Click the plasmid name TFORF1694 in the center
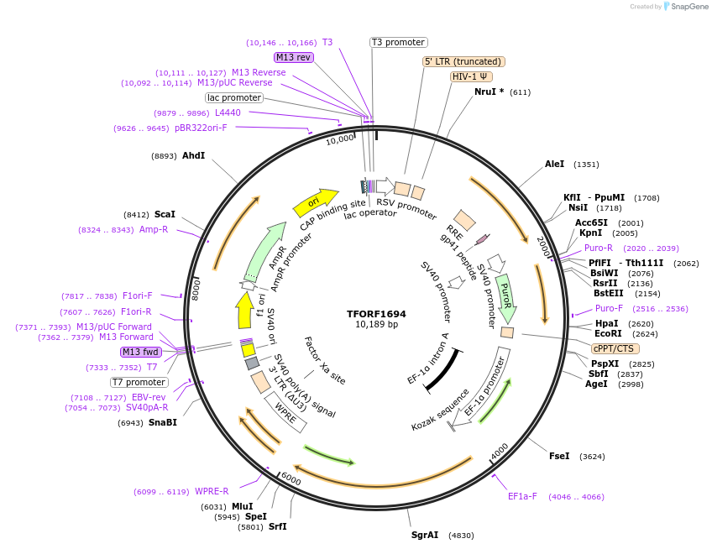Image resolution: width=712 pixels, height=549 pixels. (x=376, y=313)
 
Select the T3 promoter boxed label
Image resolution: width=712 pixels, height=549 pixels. (x=399, y=42)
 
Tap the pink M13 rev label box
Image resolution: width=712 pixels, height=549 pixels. (x=293, y=57)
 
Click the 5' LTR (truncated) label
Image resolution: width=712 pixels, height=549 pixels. (x=463, y=61)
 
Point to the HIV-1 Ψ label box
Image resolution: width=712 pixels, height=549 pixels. (x=471, y=76)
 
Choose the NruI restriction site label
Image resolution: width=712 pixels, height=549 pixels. (x=489, y=91)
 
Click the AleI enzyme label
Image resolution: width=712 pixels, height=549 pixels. (x=555, y=164)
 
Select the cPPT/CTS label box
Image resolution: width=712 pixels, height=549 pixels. (x=615, y=348)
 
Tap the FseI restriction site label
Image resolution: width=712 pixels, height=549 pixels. (x=559, y=456)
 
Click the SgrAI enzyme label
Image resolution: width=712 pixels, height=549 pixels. (x=425, y=535)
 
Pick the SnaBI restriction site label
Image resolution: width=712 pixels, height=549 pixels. (x=163, y=422)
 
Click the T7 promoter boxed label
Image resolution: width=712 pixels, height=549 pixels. (x=139, y=382)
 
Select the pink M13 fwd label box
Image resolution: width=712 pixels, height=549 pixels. (x=141, y=352)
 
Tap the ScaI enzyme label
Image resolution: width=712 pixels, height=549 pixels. (x=165, y=214)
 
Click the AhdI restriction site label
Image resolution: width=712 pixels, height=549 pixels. (x=193, y=155)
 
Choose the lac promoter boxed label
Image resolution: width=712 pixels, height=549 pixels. (x=234, y=97)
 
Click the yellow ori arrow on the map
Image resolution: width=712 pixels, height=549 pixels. (x=311, y=201)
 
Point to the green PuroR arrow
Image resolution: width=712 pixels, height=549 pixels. (x=505, y=295)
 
